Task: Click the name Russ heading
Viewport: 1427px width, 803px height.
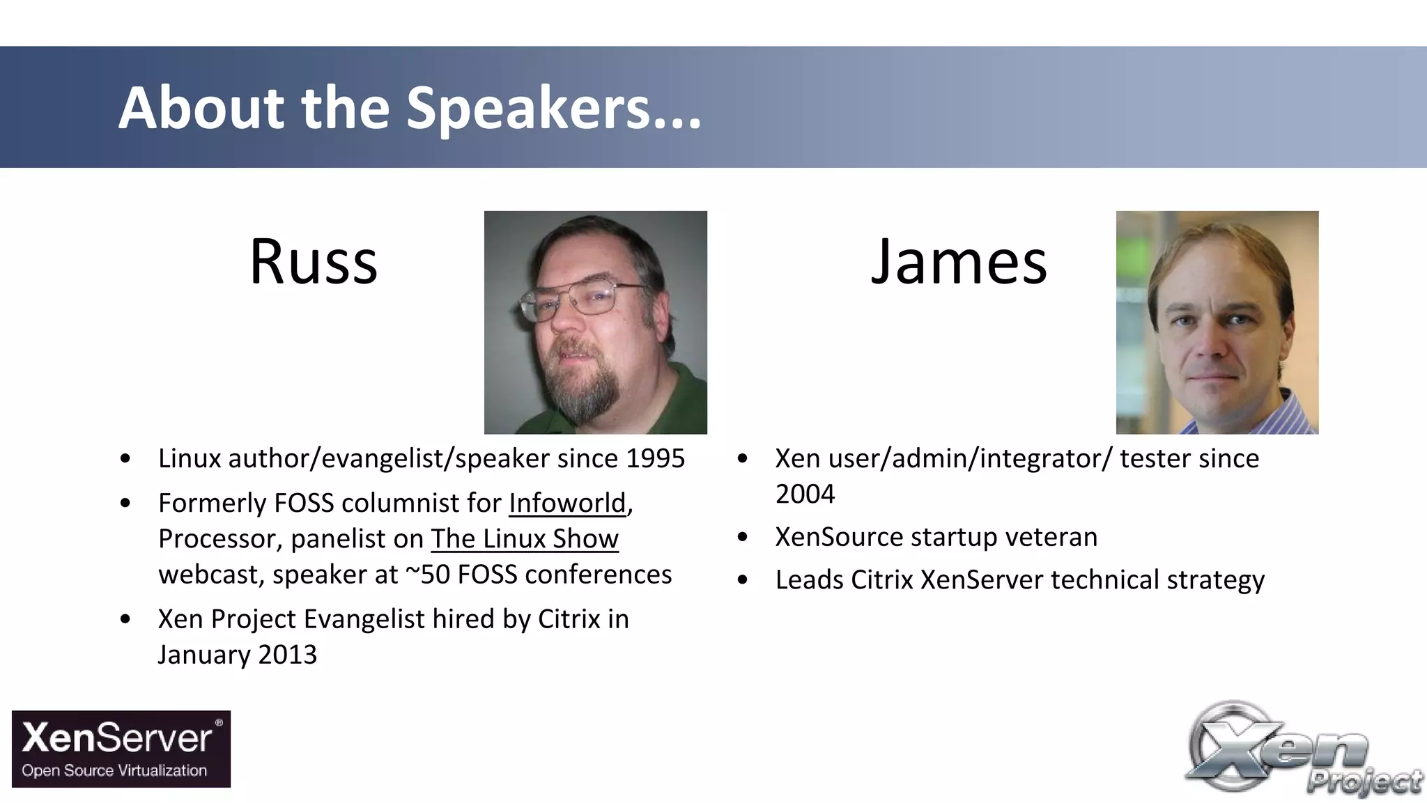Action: pyautogui.click(x=314, y=262)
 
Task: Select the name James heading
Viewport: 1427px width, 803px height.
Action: pyautogui.click(x=958, y=262)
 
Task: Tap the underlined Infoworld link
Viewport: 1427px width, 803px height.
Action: pyautogui.click(x=567, y=503)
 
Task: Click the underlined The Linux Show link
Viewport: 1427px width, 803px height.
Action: pyautogui.click(x=524, y=539)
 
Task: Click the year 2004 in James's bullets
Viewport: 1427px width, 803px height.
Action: pyautogui.click(x=805, y=494)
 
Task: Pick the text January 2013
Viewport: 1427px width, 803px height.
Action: pyautogui.click(x=237, y=655)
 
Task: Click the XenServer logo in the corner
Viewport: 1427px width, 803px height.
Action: pyautogui.click(x=121, y=749)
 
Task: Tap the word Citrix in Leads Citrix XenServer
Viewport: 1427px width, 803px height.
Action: pyautogui.click(x=881, y=579)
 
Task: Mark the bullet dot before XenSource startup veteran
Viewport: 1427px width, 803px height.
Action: pyautogui.click(x=743, y=537)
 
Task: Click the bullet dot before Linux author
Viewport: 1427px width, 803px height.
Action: pyautogui.click(x=125, y=458)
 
